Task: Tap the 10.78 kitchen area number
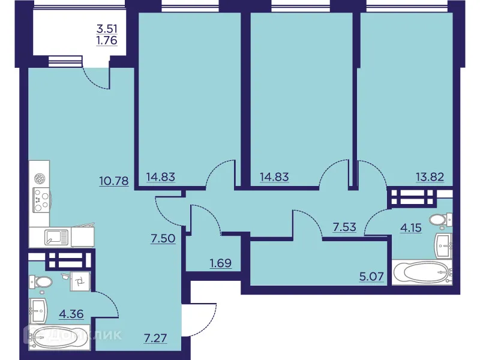coord(114,180)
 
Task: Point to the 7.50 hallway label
coord(163,238)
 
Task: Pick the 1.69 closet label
coord(221,262)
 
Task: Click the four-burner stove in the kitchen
coord(41,200)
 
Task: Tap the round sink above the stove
coord(41,179)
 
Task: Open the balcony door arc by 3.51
coord(94,76)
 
